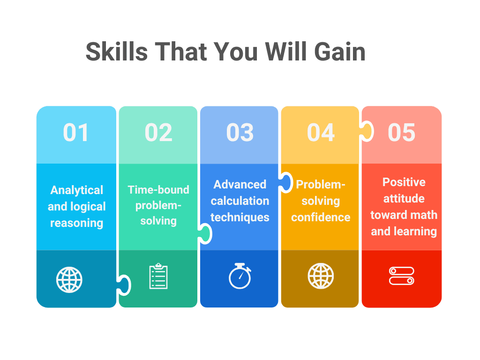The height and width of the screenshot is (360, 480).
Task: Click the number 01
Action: (x=76, y=133)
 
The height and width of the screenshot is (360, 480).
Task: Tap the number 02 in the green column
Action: (x=158, y=133)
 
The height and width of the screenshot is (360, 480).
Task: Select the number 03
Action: (x=240, y=133)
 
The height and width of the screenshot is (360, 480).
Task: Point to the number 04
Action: (x=321, y=133)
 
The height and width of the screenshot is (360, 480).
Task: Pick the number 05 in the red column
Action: (x=402, y=133)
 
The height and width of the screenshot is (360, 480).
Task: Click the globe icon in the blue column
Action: (x=69, y=280)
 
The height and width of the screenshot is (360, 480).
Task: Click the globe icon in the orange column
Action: (x=321, y=276)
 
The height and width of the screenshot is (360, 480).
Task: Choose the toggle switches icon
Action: (x=402, y=276)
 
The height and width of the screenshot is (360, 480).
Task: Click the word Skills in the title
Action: (x=117, y=51)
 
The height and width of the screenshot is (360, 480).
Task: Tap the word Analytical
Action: (x=77, y=190)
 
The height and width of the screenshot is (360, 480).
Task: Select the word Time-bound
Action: (x=158, y=190)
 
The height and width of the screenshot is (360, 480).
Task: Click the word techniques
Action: (x=240, y=217)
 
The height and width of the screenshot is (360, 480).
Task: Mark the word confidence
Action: (x=321, y=217)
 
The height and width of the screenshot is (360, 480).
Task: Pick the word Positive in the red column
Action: (x=404, y=182)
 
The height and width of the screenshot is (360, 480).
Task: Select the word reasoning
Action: (x=77, y=223)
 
